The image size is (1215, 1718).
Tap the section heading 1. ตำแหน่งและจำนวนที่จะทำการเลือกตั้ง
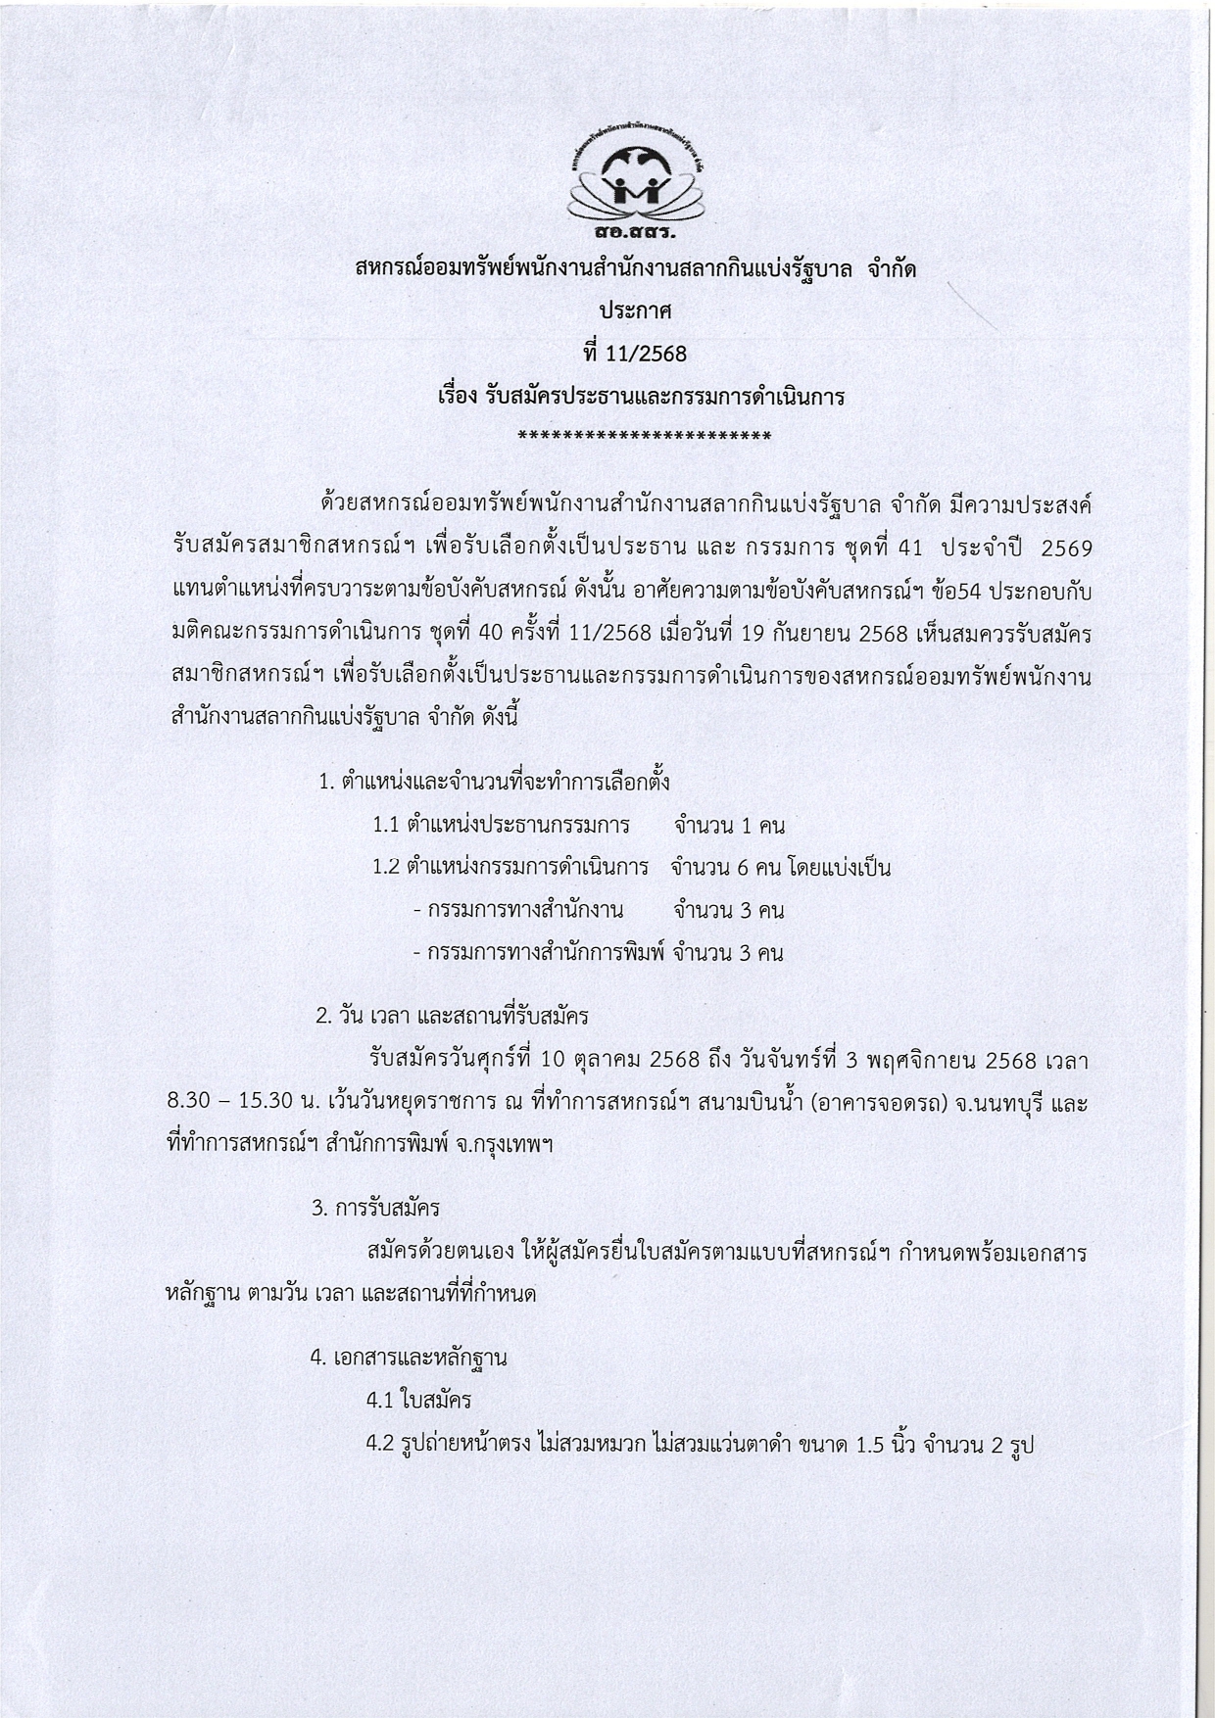pos(494,783)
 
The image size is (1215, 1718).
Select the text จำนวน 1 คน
pos(729,826)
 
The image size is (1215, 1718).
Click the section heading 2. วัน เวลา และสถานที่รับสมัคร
pos(452,1016)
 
